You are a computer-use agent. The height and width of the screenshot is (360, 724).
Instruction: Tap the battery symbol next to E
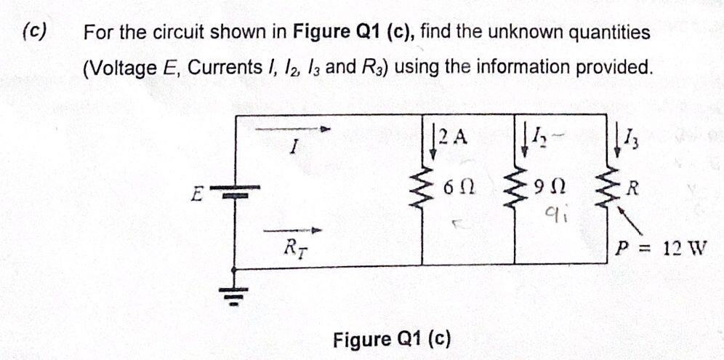[234, 194]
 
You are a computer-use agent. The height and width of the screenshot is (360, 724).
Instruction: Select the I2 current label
[539, 135]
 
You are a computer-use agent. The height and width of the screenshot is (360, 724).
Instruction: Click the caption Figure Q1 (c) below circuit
[392, 339]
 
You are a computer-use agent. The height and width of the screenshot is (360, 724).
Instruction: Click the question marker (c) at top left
[34, 31]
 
